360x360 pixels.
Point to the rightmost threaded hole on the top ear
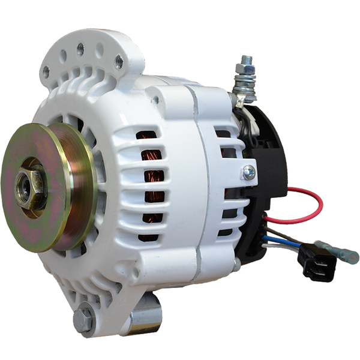(x=118, y=59)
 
